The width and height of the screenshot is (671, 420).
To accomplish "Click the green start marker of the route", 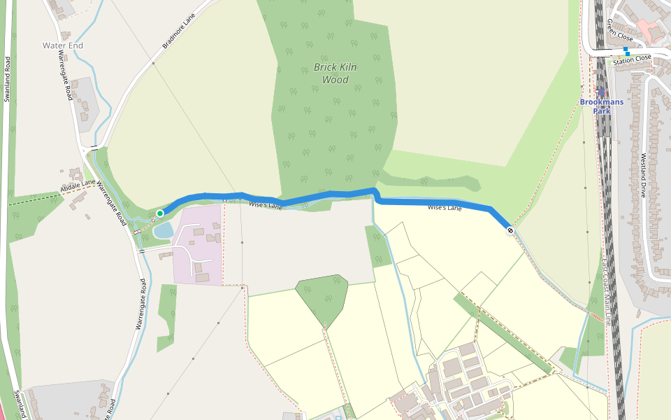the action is click(x=160, y=213).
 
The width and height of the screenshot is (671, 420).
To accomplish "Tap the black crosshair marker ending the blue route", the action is click(x=511, y=230).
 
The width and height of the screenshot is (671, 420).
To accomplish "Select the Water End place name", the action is click(x=63, y=45).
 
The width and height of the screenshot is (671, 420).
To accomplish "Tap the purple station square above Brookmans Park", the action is click(x=601, y=92).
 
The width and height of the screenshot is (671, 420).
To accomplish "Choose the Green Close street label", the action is click(x=619, y=29).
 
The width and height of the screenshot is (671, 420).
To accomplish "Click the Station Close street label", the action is click(x=633, y=59).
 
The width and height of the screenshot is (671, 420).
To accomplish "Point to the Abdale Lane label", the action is click(x=77, y=186).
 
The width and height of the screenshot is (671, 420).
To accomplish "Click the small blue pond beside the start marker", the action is click(x=163, y=230).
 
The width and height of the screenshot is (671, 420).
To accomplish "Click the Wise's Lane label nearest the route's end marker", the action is click(x=445, y=208).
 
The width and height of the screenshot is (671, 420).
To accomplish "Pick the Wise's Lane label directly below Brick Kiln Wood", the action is click(x=266, y=205).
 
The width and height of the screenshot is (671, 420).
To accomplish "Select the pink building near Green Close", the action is click(x=650, y=29).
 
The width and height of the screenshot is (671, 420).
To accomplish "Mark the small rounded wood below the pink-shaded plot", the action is click(x=322, y=297).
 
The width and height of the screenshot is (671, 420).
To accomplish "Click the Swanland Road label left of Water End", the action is click(x=8, y=78).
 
